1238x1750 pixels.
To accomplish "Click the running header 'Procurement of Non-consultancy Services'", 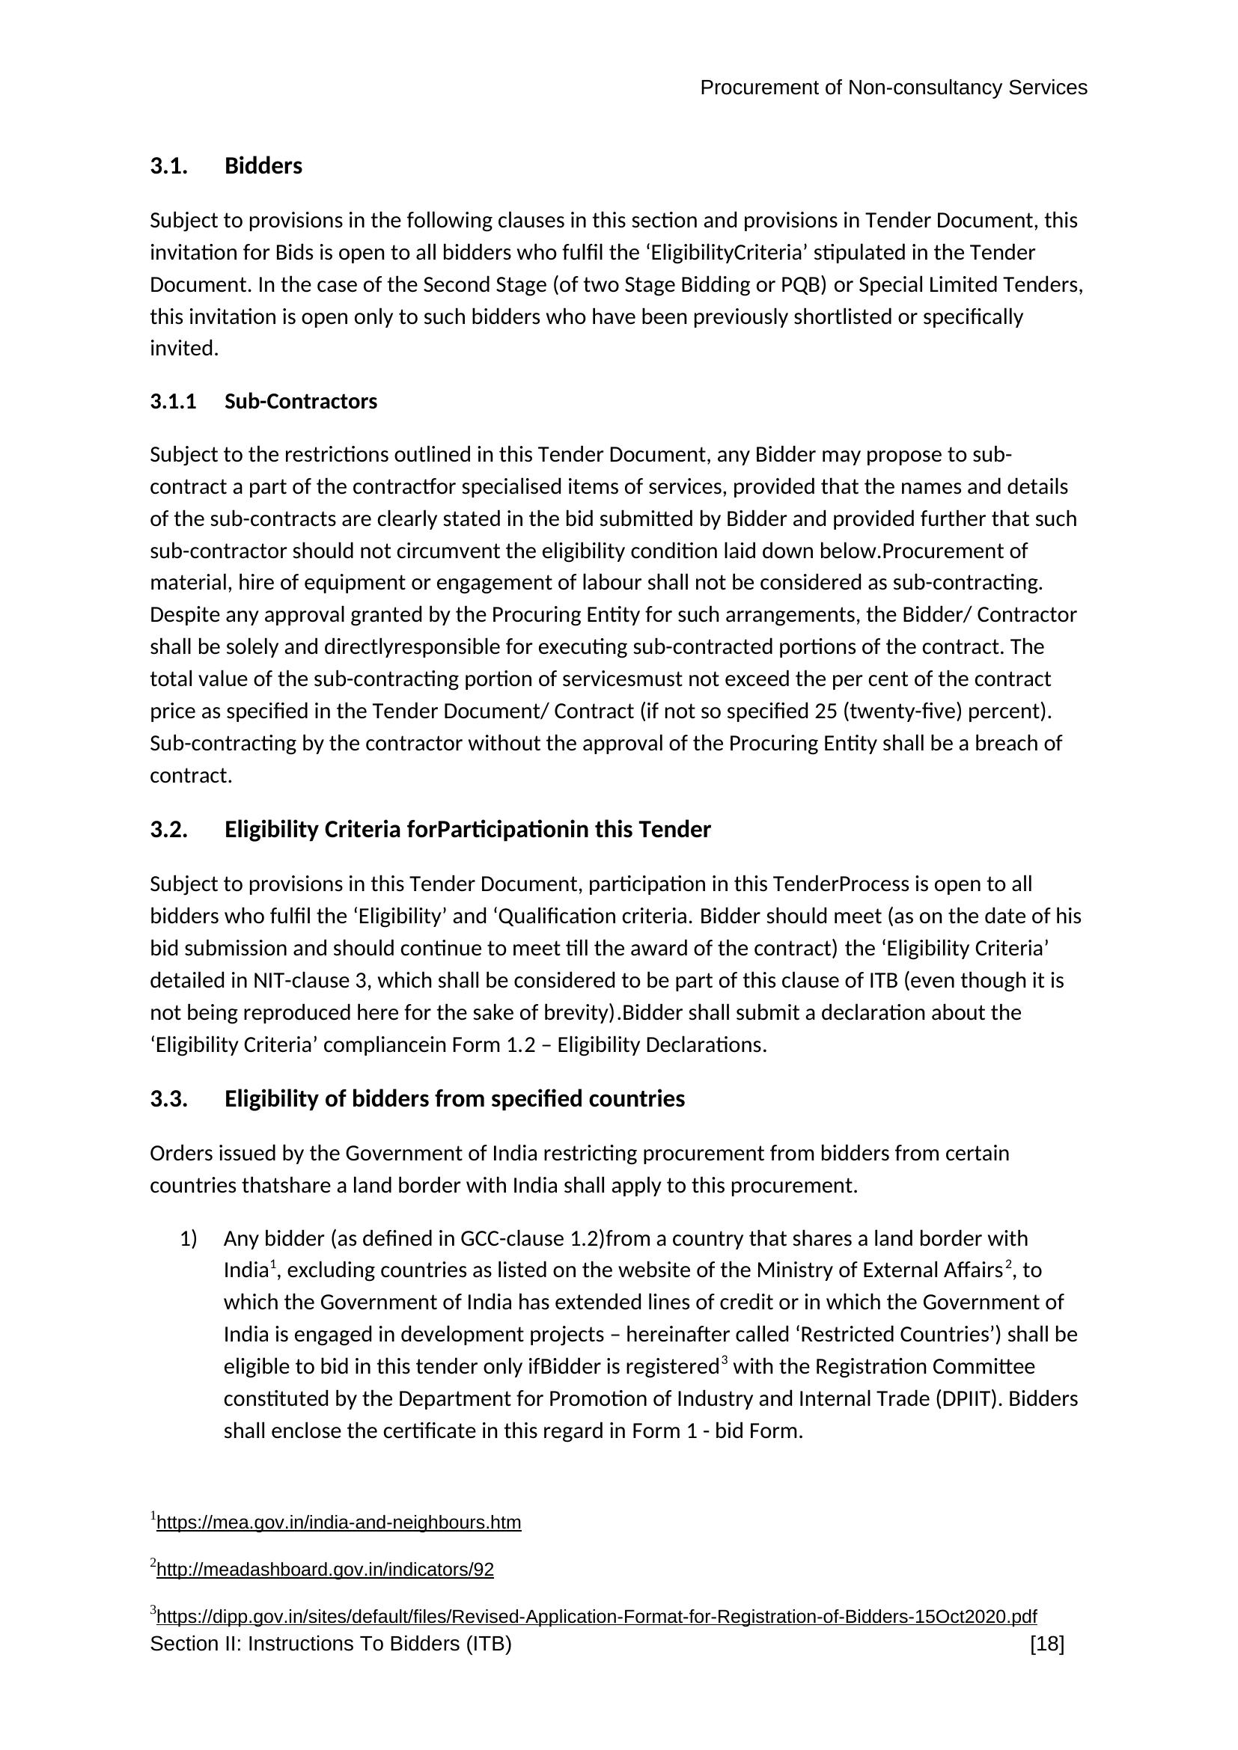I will click(x=893, y=88).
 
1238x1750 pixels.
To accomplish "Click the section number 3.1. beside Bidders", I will click(x=168, y=166).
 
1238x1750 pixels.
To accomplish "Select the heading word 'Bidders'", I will click(x=263, y=166).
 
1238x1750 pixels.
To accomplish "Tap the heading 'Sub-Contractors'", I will click(x=300, y=402).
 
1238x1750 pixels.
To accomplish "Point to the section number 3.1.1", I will click(x=173, y=402).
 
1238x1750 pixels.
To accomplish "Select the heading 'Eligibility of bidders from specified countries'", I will click(x=454, y=1099).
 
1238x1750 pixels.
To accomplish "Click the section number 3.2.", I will click(x=168, y=829).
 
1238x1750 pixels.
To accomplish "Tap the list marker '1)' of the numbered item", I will click(x=189, y=1238).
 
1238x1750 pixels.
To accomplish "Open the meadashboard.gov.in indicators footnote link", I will click(x=325, y=1570).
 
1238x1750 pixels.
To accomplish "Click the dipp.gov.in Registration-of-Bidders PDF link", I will click(x=596, y=1617).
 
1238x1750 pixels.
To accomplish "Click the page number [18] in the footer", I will click(x=1046, y=1644).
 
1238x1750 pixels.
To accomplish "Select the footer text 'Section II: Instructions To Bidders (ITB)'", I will click(x=331, y=1644).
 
